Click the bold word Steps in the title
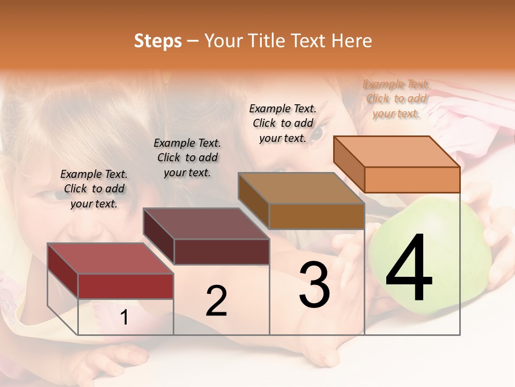pyautogui.click(x=158, y=41)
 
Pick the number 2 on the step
pyautogui.click(x=217, y=301)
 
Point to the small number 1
pyautogui.click(x=124, y=318)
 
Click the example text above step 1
pyautogui.click(x=94, y=189)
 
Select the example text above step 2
pyautogui.click(x=187, y=157)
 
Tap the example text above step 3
pyautogui.click(x=283, y=123)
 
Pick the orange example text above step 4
pyautogui.click(x=396, y=98)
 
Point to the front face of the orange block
pyautogui.click(x=412, y=180)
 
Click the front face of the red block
pyautogui.click(x=126, y=286)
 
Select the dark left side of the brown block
pyautogui.click(x=253, y=201)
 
